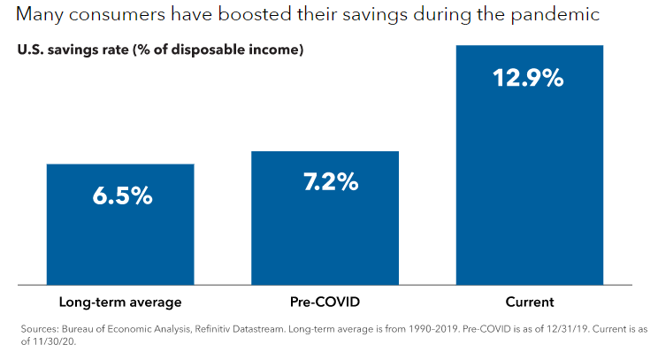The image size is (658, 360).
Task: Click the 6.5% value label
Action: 121,195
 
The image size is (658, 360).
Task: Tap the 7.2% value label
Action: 326,182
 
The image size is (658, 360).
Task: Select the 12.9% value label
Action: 528,78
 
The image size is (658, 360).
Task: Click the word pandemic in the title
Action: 555,16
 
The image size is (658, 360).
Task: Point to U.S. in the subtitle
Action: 30,50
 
